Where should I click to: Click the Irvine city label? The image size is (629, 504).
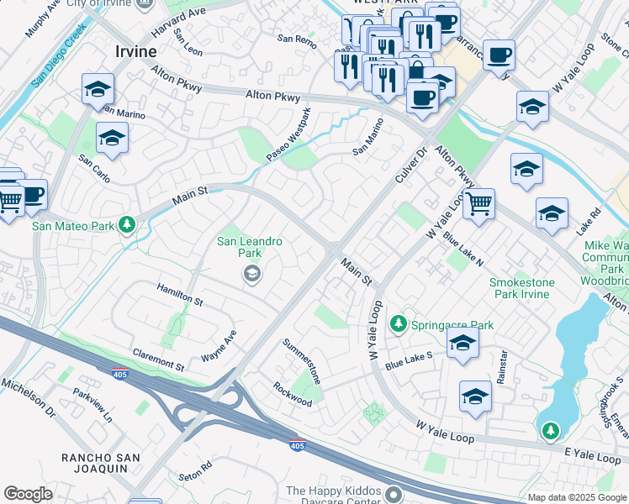click(x=135, y=51)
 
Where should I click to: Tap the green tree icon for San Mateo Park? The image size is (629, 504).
click(x=127, y=224)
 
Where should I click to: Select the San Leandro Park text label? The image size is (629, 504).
click(x=250, y=247)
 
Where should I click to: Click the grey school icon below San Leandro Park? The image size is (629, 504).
click(x=251, y=274)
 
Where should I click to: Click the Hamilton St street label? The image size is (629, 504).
click(x=179, y=294)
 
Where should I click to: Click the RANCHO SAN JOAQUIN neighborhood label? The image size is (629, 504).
click(x=106, y=464)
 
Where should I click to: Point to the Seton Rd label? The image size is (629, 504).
click(x=195, y=467)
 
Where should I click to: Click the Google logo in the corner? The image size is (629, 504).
click(x=28, y=494)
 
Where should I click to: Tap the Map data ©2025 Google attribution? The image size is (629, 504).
click(x=577, y=497)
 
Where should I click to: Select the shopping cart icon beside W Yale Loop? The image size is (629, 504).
click(x=478, y=202)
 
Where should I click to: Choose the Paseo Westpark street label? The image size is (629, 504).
click(x=288, y=136)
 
